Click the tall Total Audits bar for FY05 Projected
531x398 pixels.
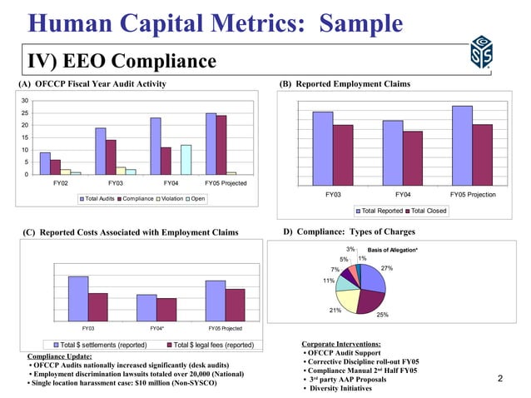click(211, 143)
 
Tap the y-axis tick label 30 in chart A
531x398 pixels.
click(27, 101)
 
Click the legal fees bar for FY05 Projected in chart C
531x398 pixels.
click(236, 304)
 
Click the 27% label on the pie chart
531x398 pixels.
click(386, 268)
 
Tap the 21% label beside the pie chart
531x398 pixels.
click(335, 310)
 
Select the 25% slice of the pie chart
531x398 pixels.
click(371, 301)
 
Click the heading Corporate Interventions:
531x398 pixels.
click(341, 344)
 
